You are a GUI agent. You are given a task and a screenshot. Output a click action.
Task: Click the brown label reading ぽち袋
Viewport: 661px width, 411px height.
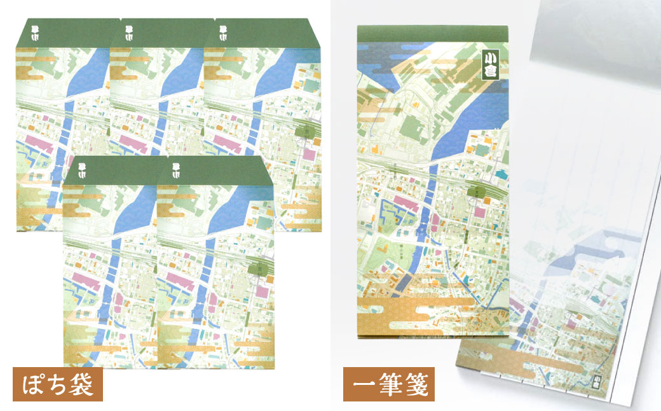(57, 384)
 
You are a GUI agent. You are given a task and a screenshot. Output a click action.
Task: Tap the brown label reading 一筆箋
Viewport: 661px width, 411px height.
(389, 384)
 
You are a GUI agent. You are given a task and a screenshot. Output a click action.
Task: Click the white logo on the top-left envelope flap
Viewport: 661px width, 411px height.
(36, 31)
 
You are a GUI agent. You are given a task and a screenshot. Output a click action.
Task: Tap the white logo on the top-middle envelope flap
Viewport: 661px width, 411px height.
(130, 31)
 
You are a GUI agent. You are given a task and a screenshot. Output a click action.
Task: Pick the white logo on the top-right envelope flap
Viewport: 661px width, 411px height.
(224, 31)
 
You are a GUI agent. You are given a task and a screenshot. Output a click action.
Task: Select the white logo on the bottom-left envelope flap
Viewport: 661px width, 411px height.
(83, 169)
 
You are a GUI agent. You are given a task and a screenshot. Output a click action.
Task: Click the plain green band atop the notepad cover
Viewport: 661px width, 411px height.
(432, 35)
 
